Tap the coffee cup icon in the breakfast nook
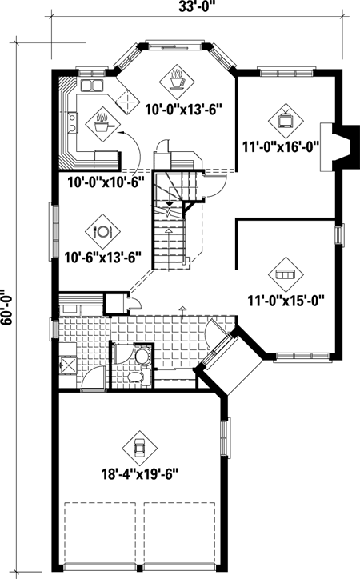[177, 79]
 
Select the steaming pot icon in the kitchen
[102, 122]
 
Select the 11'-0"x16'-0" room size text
[285, 147]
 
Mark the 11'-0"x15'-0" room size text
[285, 301]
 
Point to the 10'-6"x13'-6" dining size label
[102, 257]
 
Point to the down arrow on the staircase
[170, 205]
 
